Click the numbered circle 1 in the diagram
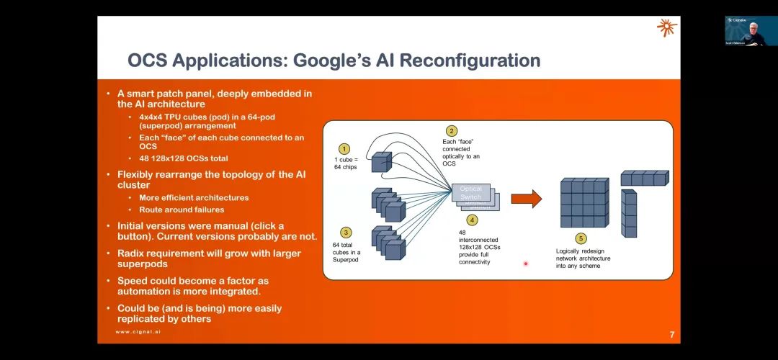(x=344, y=148)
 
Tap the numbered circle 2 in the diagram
(x=452, y=131)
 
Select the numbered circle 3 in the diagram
(x=346, y=233)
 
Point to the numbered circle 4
(x=472, y=220)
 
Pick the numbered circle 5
(x=581, y=238)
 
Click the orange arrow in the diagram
(x=526, y=198)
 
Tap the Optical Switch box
(x=472, y=193)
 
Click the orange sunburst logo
(x=666, y=28)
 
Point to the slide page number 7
(x=671, y=335)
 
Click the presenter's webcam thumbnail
(x=751, y=31)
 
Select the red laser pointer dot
(x=525, y=264)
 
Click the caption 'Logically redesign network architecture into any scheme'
(x=583, y=258)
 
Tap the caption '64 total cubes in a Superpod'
(x=346, y=252)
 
